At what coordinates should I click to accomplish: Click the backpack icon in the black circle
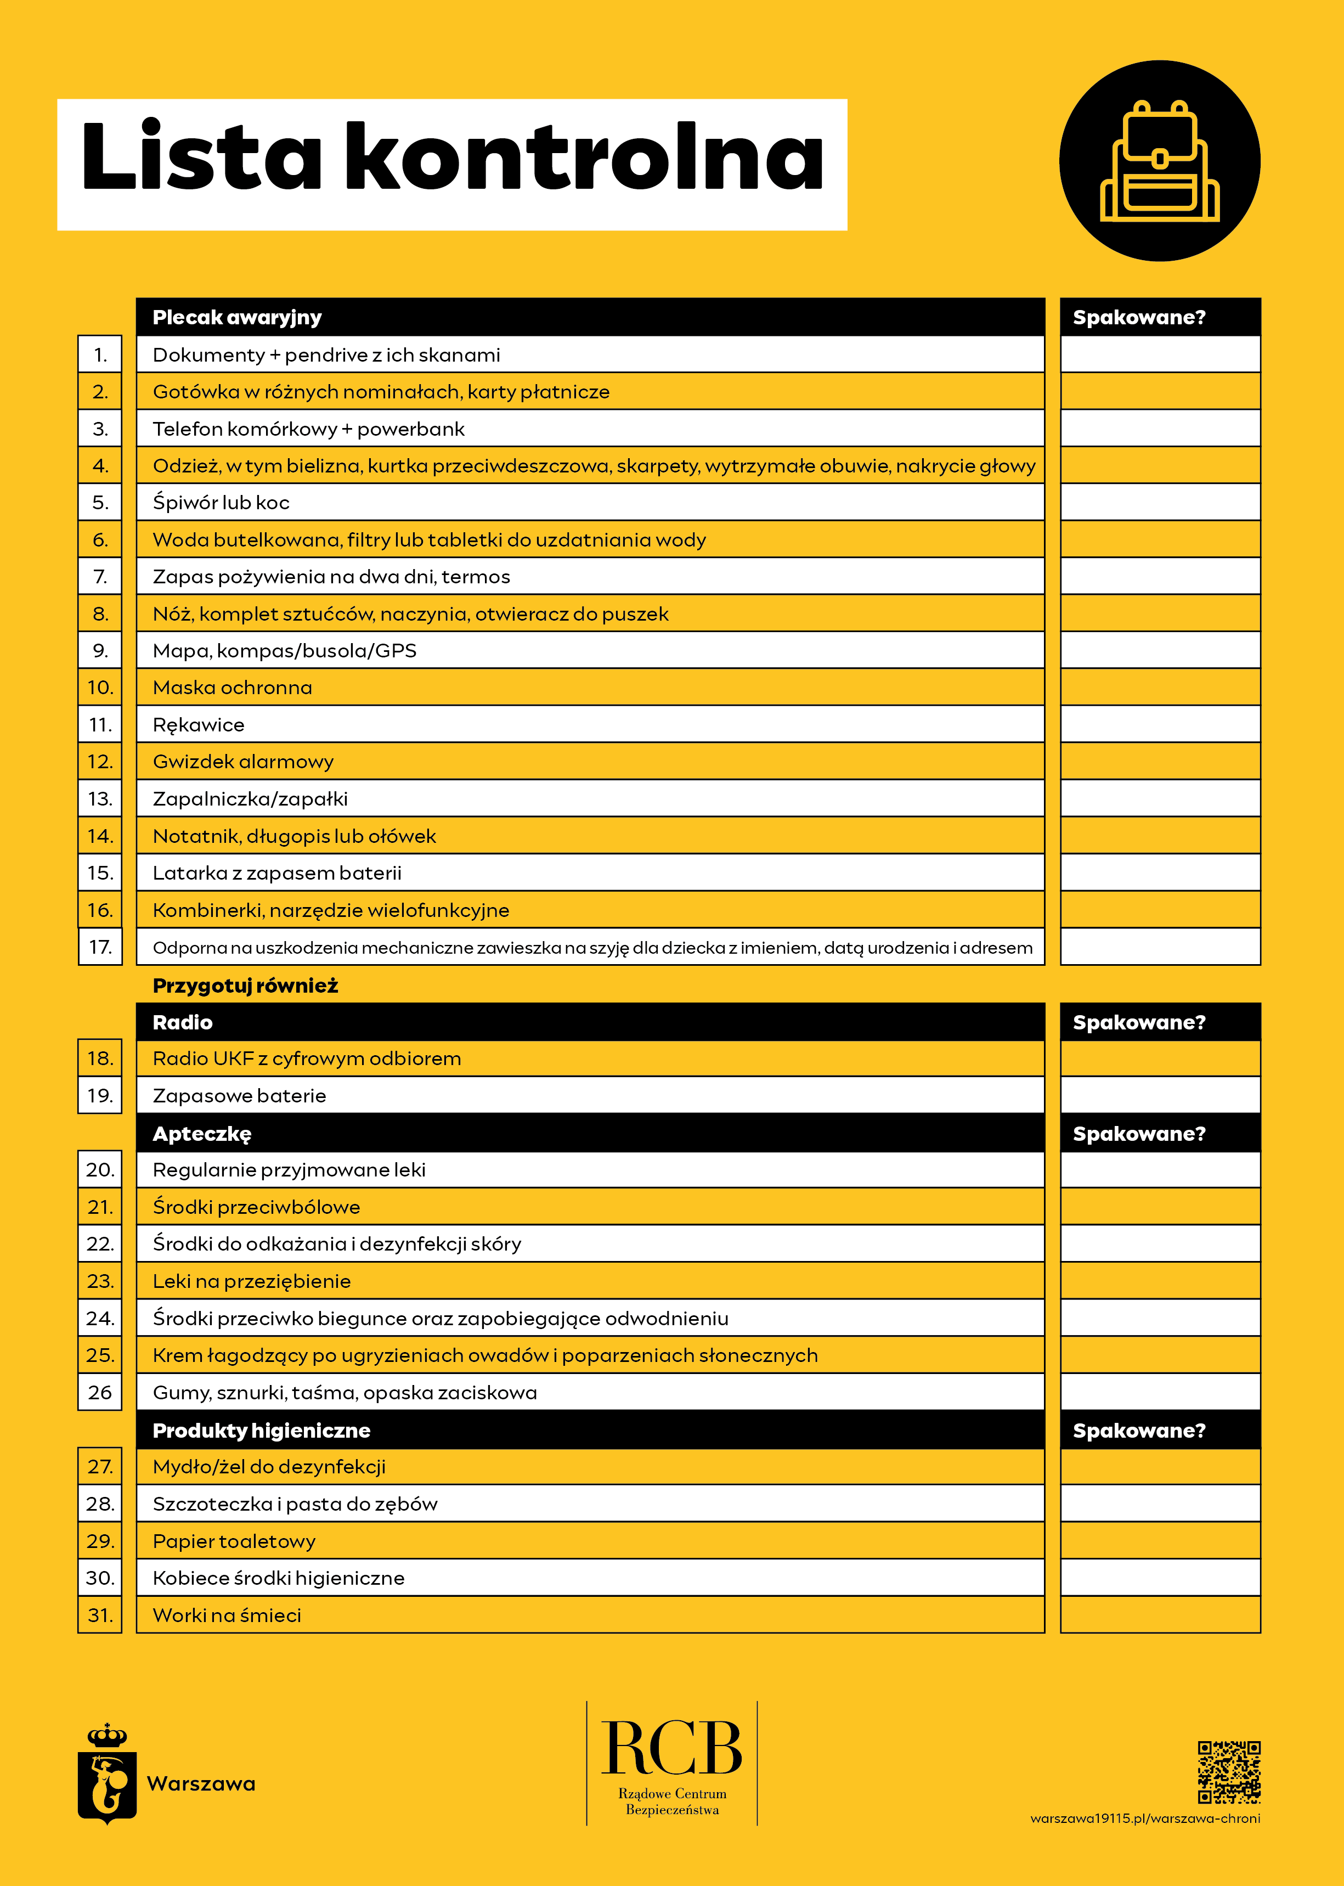pyautogui.click(x=1160, y=162)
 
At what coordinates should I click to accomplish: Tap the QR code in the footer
pyautogui.click(x=1229, y=1772)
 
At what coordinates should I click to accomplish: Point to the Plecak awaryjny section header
pyautogui.click(x=238, y=317)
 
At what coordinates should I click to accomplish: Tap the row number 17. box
pyautogui.click(x=100, y=947)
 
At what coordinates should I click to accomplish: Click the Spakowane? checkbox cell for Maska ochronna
pyautogui.click(x=1160, y=687)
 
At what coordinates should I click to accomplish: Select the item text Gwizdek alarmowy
pyautogui.click(x=244, y=762)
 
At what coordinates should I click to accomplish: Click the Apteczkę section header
pyautogui.click(x=202, y=1134)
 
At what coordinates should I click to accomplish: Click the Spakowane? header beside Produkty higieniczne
pyautogui.click(x=1139, y=1430)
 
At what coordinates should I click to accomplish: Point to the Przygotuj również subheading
pyautogui.click(x=246, y=985)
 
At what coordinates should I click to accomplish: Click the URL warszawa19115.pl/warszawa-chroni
pyautogui.click(x=1145, y=1818)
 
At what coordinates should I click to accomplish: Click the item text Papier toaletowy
pyautogui.click(x=234, y=1541)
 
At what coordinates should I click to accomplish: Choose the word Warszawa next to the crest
pyautogui.click(x=201, y=1783)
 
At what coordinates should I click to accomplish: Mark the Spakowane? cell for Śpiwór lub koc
pyautogui.click(x=1160, y=503)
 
